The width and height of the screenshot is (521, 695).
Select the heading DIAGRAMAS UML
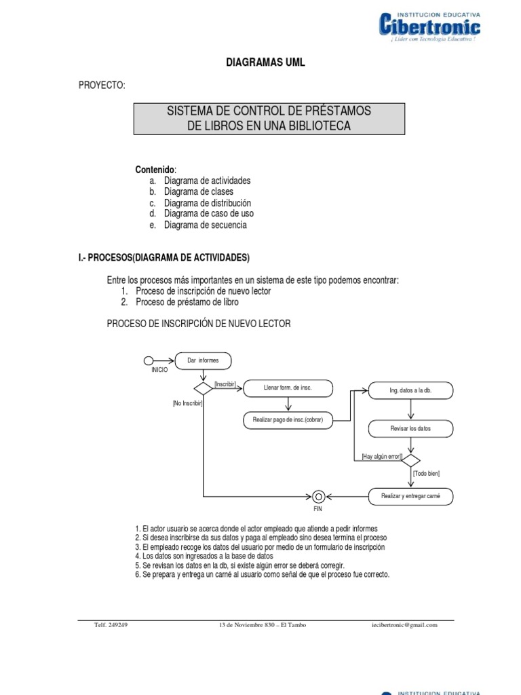[x=265, y=62]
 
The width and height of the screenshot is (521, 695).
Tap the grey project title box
[x=269, y=119]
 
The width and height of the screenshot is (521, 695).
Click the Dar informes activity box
[x=203, y=360]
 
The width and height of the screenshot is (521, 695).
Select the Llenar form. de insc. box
[x=288, y=388]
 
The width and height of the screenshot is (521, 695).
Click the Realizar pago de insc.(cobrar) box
[x=288, y=420]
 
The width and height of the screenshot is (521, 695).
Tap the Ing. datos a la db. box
[x=410, y=390]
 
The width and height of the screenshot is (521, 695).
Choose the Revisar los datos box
[x=410, y=429]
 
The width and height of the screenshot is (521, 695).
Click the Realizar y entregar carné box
[x=410, y=497]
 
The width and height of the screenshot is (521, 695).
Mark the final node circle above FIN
[x=318, y=496]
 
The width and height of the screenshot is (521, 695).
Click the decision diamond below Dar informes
[x=204, y=388]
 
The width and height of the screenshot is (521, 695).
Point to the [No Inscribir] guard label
[x=188, y=403]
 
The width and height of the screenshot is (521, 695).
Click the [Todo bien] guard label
[x=426, y=473]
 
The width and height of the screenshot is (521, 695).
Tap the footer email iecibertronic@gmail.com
[x=400, y=625]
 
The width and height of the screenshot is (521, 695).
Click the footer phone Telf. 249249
[x=111, y=625]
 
